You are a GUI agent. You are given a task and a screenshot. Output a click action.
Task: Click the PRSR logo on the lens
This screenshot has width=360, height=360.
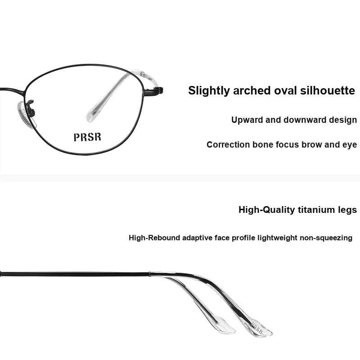[x=87, y=137]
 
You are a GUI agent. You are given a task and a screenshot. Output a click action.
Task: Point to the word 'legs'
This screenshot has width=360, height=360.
[x=346, y=210]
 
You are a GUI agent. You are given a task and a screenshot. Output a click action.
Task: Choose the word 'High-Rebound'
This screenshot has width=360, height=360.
[x=154, y=238]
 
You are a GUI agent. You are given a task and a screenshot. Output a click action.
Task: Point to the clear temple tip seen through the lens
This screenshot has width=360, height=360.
[x=99, y=103]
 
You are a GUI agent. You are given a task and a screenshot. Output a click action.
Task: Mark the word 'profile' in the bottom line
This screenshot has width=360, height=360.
[x=243, y=238]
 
